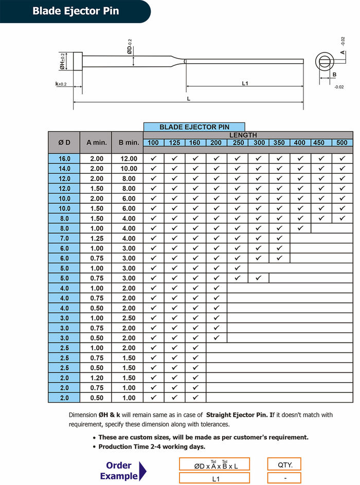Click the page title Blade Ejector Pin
pyautogui.click(x=76, y=11)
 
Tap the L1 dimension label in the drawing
pyautogui.click(x=245, y=83)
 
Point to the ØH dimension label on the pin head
pyautogui.click(x=62, y=61)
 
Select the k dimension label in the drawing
pyautogui.click(x=61, y=84)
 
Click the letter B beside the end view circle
pyautogui.click(x=334, y=75)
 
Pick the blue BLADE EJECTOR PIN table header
pyautogui.click(x=194, y=127)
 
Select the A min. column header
pyautogui.click(x=96, y=142)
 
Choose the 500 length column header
pyautogui.click(x=342, y=143)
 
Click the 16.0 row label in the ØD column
pyautogui.click(x=64, y=159)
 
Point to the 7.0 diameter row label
pyautogui.click(x=64, y=238)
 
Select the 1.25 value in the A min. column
pyautogui.click(x=96, y=238)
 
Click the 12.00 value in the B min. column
pyautogui.click(x=128, y=159)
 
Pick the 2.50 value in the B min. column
pyautogui.click(x=128, y=318)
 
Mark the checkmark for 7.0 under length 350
pyautogui.click(x=279, y=238)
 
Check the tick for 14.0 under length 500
pyautogui.click(x=342, y=169)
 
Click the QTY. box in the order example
pyautogui.click(x=284, y=465)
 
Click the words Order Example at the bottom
pyautogui.click(x=119, y=471)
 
